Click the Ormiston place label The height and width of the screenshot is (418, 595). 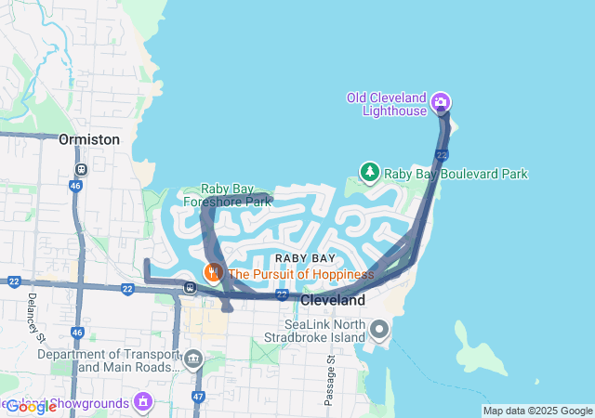coord(89,139)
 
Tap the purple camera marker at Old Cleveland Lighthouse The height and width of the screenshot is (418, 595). coord(442,102)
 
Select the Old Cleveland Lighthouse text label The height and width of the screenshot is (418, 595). coord(386,104)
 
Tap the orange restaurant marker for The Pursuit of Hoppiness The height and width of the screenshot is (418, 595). coord(214,273)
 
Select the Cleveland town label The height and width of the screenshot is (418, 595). coord(333,301)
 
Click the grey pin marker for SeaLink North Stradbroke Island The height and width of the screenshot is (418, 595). coord(379,330)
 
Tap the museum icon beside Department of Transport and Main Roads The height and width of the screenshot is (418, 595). coord(193,359)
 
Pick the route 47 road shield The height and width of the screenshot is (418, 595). coord(198,397)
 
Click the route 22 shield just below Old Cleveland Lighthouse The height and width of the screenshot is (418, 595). coord(442,154)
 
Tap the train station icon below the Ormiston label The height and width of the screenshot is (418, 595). coord(81,170)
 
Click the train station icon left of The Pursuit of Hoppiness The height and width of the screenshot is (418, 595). coord(190,287)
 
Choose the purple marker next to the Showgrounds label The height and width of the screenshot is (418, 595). coord(143,401)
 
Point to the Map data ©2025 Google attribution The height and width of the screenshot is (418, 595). coord(537,411)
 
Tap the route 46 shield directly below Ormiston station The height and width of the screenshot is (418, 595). coord(75,187)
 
